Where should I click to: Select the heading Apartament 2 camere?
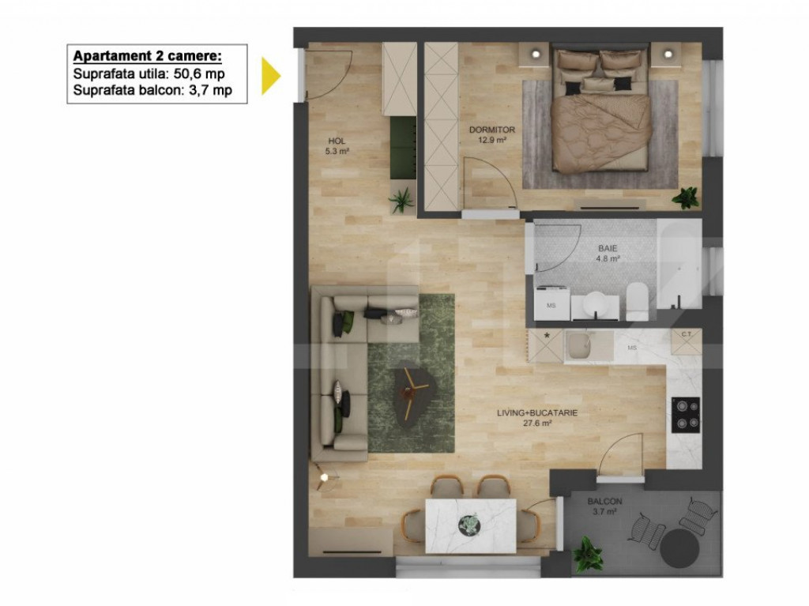147,56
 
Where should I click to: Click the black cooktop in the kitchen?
685,414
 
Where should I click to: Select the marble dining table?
470,525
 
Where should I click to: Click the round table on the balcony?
681,546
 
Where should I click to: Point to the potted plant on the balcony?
588,553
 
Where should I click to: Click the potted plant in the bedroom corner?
685,198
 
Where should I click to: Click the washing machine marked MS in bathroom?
551,304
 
